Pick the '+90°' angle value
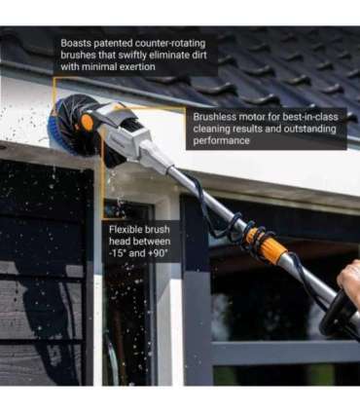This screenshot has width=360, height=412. click(x=159, y=253)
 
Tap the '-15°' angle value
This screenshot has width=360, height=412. click(x=119, y=253)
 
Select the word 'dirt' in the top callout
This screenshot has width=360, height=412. click(x=205, y=56)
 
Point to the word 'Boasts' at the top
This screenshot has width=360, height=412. click(x=78, y=43)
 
